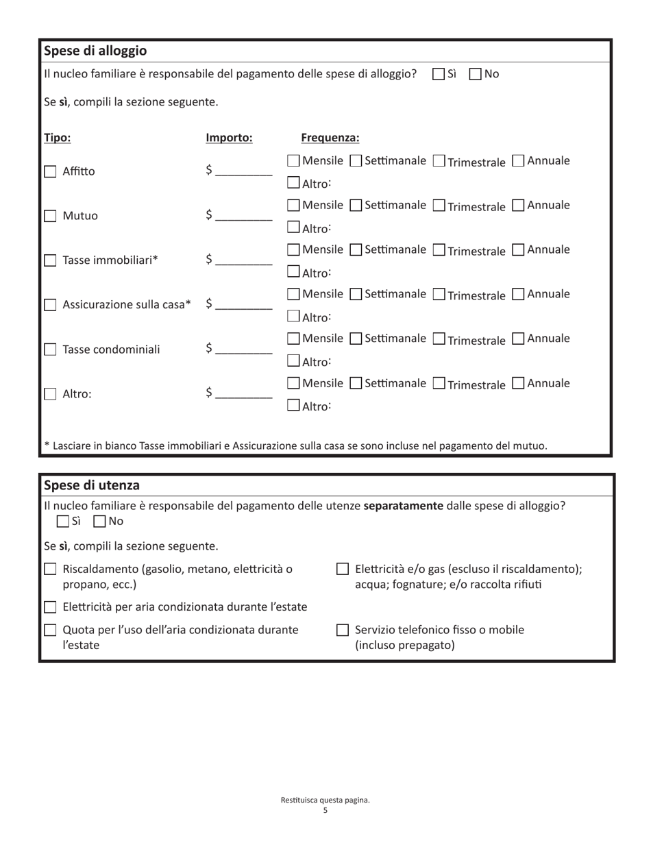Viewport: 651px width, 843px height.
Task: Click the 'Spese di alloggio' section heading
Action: coord(95,51)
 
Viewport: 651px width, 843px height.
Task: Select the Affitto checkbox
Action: coord(50,172)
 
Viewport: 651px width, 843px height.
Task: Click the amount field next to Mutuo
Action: coord(243,216)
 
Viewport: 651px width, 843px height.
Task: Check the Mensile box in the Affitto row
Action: coord(293,161)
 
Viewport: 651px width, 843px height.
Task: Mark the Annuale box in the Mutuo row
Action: coord(519,206)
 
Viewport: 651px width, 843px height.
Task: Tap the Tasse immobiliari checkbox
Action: coord(50,260)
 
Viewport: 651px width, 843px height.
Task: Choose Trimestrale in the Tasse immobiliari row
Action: coord(439,250)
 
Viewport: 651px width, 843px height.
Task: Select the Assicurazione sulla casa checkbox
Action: coord(50,305)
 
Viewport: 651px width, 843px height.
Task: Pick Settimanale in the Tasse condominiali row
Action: coord(356,339)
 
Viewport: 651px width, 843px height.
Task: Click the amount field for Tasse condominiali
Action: coord(243,350)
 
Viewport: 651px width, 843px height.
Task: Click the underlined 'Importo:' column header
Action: coord(229,138)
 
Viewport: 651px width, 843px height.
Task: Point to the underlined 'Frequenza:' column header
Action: coord(330,138)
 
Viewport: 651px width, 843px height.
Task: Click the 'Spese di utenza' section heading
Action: coord(92,485)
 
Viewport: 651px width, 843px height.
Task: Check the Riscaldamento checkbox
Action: coord(50,570)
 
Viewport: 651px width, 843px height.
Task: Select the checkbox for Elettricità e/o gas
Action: coord(343,570)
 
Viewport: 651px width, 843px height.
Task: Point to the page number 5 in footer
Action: coord(325,811)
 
